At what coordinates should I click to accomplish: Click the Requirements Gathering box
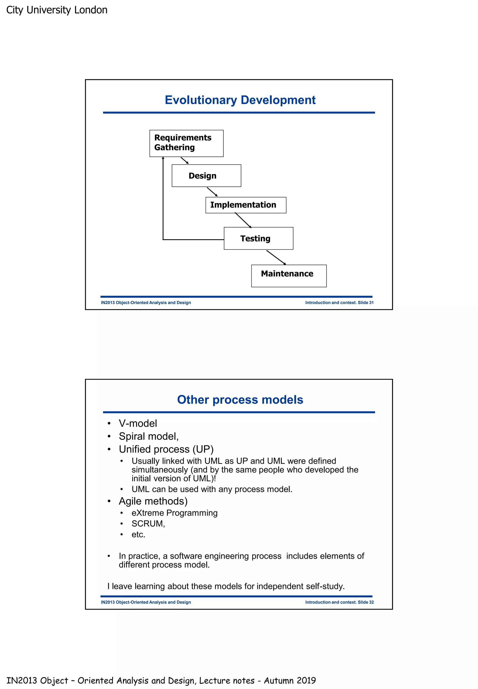[x=186, y=143]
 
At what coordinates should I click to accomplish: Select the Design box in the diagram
[x=206, y=175]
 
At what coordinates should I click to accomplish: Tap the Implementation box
[x=246, y=205]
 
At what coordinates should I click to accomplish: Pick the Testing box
[x=258, y=238]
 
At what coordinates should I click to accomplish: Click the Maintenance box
[x=289, y=276]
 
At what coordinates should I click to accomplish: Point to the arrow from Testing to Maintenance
[x=276, y=257]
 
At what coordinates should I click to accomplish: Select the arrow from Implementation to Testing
[x=243, y=220]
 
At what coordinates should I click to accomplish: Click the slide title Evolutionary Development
[x=240, y=100]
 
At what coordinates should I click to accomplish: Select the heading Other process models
[x=240, y=399]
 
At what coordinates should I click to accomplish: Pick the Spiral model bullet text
[x=148, y=436]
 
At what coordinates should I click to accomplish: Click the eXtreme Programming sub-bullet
[x=174, y=513]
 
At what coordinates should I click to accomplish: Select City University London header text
[x=57, y=10]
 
